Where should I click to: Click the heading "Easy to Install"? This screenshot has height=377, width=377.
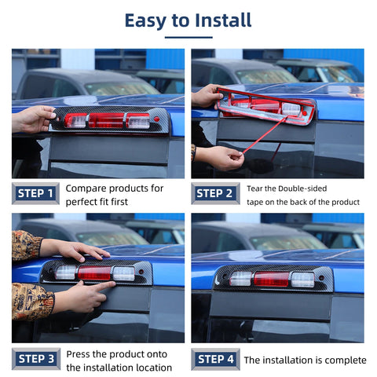188,20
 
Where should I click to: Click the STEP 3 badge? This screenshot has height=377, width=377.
35,360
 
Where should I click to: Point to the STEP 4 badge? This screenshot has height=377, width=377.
214,360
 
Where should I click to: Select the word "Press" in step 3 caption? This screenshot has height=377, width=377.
79,354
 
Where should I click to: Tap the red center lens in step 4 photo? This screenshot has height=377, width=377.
272,279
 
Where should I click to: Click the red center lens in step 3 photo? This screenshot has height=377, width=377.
93,273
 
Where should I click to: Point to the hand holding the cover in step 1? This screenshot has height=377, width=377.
33,119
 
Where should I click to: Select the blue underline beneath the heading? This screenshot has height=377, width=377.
188,36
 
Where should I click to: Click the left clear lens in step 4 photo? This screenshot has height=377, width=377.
240,279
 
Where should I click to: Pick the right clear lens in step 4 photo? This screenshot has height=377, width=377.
302,279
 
